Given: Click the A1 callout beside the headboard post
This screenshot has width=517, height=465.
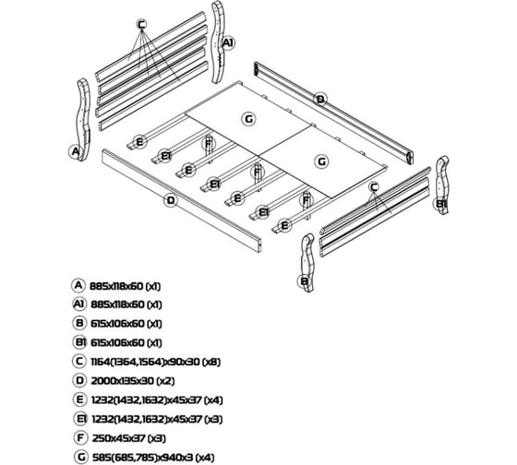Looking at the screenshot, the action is point(228,42).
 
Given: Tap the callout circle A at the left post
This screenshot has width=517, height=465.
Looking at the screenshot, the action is point(75,152).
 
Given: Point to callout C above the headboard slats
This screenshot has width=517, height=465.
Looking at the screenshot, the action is point(141,24).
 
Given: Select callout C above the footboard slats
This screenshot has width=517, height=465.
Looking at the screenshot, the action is point(374,187).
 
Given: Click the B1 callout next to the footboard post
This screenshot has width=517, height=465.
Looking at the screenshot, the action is point(439,204).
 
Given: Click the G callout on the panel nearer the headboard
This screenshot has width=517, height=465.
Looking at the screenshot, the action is point(248,119).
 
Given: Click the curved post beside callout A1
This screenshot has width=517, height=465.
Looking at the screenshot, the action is point(218,42).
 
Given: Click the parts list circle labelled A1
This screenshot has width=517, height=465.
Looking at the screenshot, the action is point(78,304).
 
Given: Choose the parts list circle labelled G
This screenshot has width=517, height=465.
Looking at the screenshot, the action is point(80,457).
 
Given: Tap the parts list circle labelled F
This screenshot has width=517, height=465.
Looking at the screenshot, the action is point(80,438).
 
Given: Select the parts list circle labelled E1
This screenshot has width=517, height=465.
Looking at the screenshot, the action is point(80,419).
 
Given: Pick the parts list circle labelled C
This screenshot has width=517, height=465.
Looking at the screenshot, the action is point(79,362).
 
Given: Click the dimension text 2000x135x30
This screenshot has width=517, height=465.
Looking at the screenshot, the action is point(122,381).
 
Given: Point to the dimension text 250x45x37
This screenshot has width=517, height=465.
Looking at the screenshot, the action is point(119,438).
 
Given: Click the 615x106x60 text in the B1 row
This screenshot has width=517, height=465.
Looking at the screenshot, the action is point(117,342).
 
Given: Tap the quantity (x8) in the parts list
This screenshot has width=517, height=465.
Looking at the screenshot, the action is point(211,362).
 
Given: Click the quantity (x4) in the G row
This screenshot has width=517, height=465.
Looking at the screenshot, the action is point(205,458).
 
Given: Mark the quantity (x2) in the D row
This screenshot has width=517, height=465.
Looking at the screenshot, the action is point(165,381).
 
